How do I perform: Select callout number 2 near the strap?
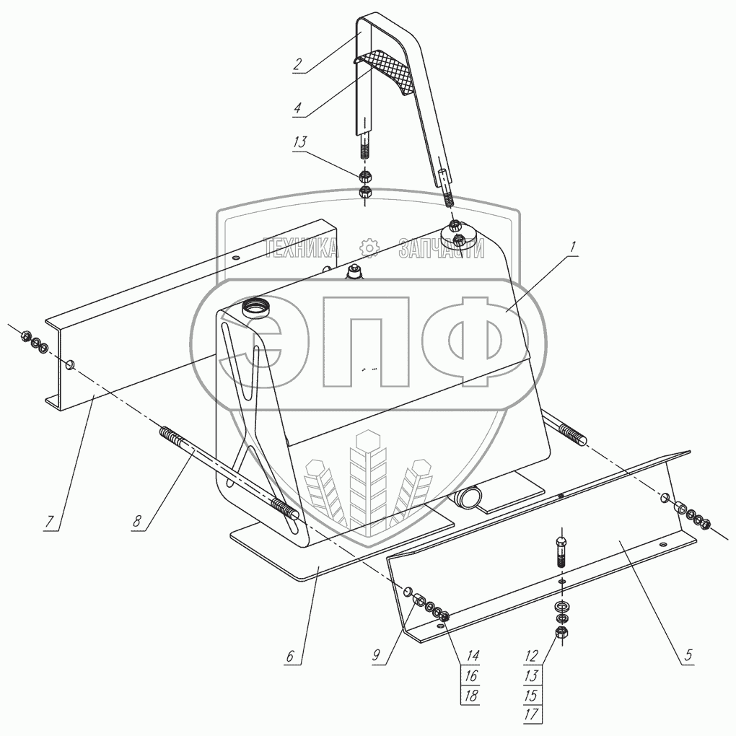pyautogui.click(x=297, y=63)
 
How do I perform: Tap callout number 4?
pyautogui.click(x=297, y=108)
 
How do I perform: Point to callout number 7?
pyautogui.click(x=49, y=521)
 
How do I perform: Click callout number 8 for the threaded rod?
pyautogui.click(x=136, y=522)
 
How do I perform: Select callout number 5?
pyautogui.click(x=688, y=655)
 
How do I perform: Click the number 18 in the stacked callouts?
pyautogui.click(x=470, y=696)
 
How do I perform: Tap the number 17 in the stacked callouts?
pyautogui.click(x=531, y=714)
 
